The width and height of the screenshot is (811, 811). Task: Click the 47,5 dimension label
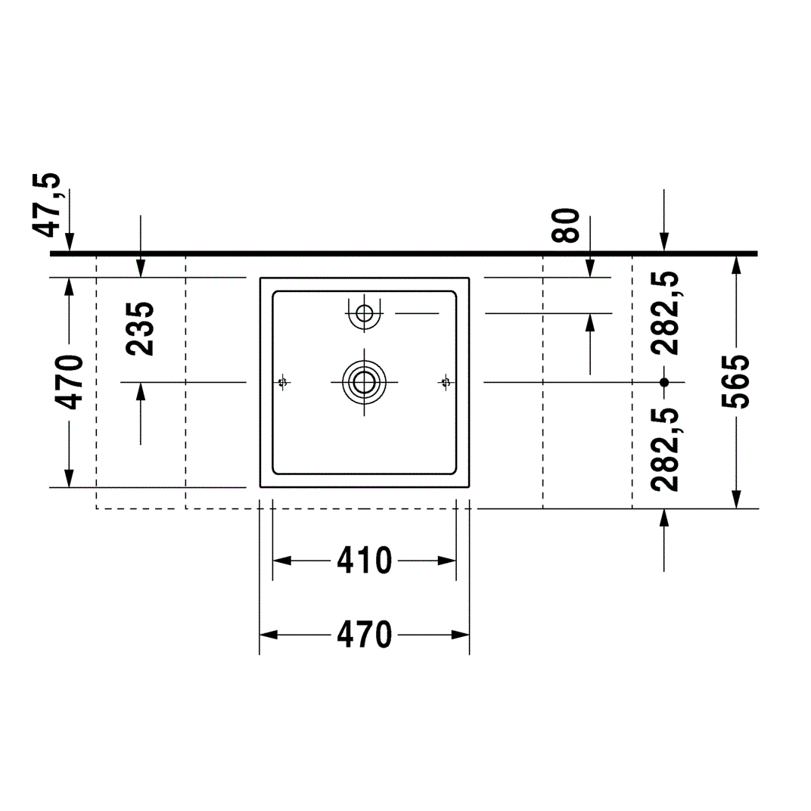point(47,205)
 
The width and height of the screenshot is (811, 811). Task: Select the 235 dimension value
point(140,329)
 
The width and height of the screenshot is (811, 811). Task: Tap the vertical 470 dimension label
point(70,382)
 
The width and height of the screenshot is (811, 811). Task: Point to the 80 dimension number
point(566,226)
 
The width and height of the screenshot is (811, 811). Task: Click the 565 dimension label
point(736,382)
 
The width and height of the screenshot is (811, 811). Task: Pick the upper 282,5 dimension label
point(665,313)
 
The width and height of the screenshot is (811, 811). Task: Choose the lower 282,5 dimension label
point(665,449)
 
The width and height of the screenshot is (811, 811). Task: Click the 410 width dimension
point(365,561)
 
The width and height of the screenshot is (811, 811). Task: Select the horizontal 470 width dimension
point(365,635)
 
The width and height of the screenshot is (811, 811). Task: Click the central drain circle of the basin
point(364,382)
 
